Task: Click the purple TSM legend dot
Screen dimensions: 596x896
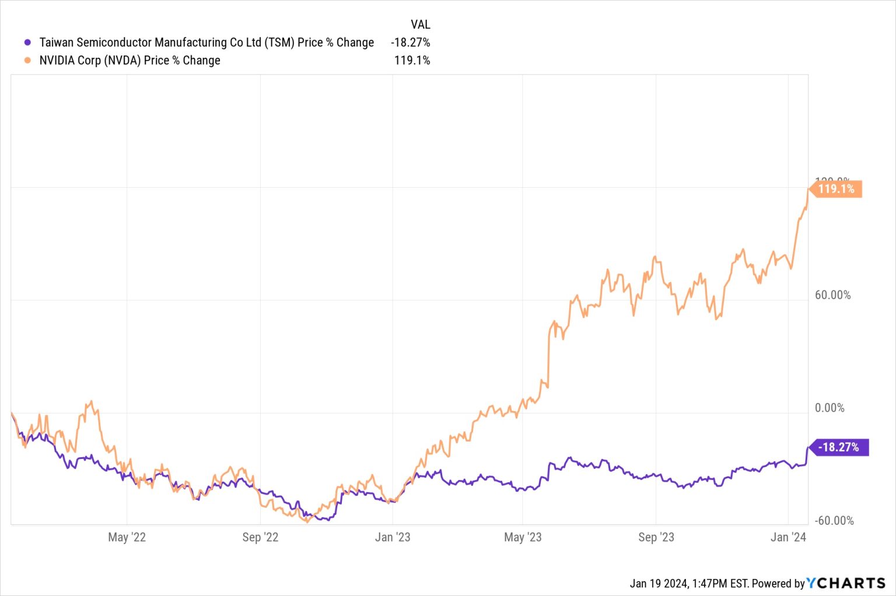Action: pos(27,43)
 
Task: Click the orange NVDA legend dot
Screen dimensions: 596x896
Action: pos(27,60)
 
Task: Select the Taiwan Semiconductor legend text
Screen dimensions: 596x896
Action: pos(206,43)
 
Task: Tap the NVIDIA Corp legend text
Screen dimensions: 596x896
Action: pos(129,60)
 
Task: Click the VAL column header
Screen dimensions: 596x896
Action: pos(420,24)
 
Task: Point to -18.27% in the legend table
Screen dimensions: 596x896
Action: pos(411,43)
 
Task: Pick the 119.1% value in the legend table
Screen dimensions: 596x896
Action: pos(412,60)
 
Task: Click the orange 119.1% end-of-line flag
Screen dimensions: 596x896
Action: pos(836,189)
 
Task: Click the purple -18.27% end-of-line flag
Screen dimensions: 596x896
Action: pos(839,447)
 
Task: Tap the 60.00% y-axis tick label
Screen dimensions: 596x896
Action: pos(832,295)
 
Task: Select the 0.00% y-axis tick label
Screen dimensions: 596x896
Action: pos(829,408)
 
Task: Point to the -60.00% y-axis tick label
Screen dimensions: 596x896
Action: pos(834,520)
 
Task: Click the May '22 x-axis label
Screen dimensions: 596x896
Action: pos(127,537)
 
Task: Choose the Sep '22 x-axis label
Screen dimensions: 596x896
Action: pos(260,537)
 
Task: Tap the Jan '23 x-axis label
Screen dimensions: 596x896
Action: pos(392,537)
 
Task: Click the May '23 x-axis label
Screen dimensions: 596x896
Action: pos(523,537)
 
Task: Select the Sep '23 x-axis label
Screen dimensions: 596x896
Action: pos(656,537)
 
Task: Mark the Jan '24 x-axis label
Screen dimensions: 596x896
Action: pos(788,537)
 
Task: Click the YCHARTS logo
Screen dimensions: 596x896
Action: pos(846,583)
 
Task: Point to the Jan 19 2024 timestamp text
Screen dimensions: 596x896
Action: pos(688,583)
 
